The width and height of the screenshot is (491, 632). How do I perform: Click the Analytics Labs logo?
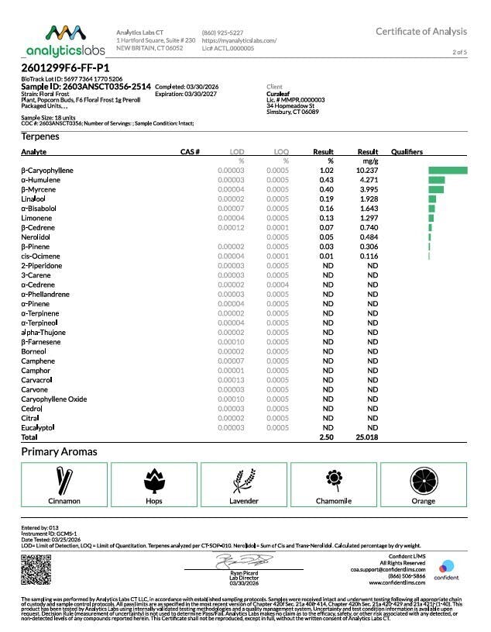64,40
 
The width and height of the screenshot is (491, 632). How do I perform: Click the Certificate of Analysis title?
421,31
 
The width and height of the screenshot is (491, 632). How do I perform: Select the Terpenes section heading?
40,136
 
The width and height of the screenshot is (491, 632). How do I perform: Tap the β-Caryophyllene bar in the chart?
448,170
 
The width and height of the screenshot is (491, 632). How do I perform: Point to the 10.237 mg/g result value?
367,170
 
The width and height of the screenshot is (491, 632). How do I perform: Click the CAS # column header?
191,151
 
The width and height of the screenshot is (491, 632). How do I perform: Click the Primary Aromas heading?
59,451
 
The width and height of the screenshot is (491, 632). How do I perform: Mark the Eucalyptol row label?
38,427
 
